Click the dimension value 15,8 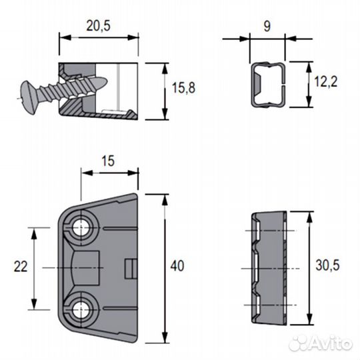[x=183, y=89]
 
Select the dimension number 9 [x=267, y=26]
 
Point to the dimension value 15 [x=109, y=161]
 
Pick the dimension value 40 [x=177, y=266]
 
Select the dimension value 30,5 [x=327, y=266]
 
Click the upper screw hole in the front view [x=82, y=227]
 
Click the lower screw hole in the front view [x=82, y=308]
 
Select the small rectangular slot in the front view [x=130, y=268]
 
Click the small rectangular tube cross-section [x=268, y=85]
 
